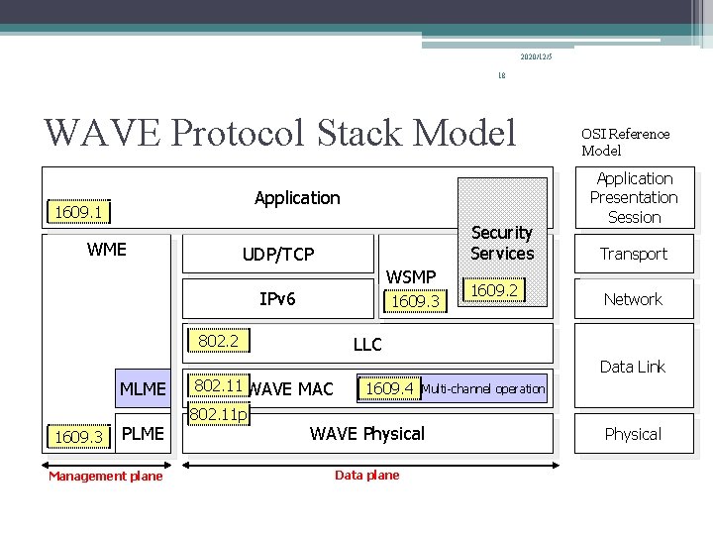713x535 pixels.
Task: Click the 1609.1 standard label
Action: point(80,212)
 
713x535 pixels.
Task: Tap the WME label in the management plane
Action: point(107,250)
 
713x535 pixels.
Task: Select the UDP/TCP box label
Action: point(278,255)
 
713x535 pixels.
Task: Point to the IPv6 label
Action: point(277,298)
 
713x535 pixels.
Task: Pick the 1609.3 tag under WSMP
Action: point(415,300)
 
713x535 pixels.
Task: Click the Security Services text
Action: point(502,243)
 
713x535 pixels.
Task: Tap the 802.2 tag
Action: point(218,342)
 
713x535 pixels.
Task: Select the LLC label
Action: point(367,345)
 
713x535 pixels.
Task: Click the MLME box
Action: point(143,389)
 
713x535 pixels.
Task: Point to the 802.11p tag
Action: point(219,414)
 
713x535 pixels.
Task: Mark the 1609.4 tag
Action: point(389,388)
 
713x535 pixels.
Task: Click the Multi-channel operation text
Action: point(483,389)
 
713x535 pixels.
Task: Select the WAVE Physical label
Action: point(367,433)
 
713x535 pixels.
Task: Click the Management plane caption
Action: point(106,477)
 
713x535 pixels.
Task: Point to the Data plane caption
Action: point(367,476)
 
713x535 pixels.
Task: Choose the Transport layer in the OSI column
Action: point(634,254)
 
